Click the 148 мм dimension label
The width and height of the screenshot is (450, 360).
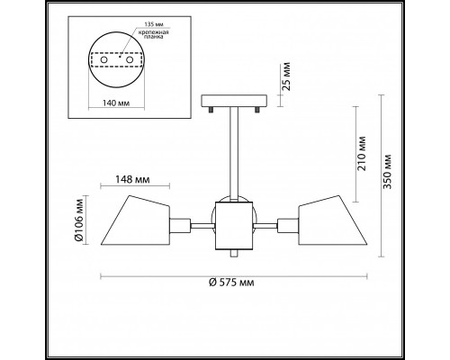(132, 179)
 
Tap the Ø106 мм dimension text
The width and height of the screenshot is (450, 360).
(79, 220)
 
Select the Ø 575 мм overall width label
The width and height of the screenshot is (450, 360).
(231, 283)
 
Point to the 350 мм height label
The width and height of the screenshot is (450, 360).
(388, 171)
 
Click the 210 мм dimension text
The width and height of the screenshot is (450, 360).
(362, 153)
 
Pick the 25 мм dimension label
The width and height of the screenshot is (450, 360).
(286, 76)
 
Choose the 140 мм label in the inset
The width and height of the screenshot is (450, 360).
(116, 103)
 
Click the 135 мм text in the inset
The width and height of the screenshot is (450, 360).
(154, 24)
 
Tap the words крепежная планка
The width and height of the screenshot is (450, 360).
(153, 35)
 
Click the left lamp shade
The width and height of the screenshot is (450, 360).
(136, 220)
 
